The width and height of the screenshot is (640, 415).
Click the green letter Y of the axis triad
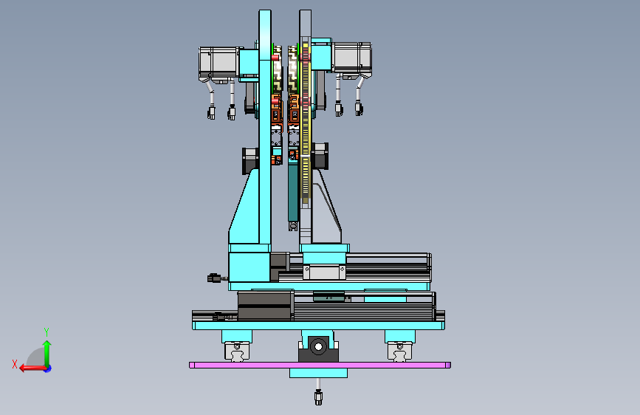coord(47,332)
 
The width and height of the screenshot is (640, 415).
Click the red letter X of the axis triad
coord(15,364)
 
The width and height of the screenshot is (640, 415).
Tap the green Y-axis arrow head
coord(47,345)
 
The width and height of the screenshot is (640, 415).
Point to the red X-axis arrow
coord(33,368)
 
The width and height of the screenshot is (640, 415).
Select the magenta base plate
coord(320,366)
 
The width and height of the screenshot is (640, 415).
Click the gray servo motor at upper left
coord(219,64)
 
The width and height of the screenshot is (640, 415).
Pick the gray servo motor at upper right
coord(351,60)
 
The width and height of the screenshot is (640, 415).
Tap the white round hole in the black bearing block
coord(318,347)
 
